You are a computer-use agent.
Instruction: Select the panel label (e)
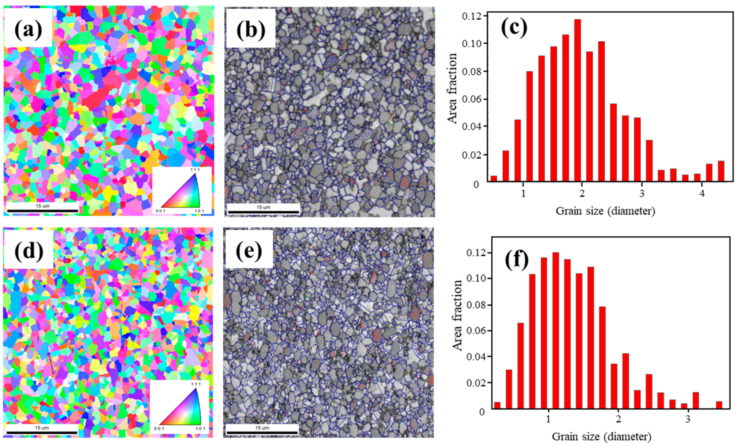(x=249, y=251)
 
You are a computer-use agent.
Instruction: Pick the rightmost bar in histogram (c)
(x=721, y=171)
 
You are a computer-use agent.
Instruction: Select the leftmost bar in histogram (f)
(x=497, y=405)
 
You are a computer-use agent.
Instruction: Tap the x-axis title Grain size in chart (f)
(x=601, y=437)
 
